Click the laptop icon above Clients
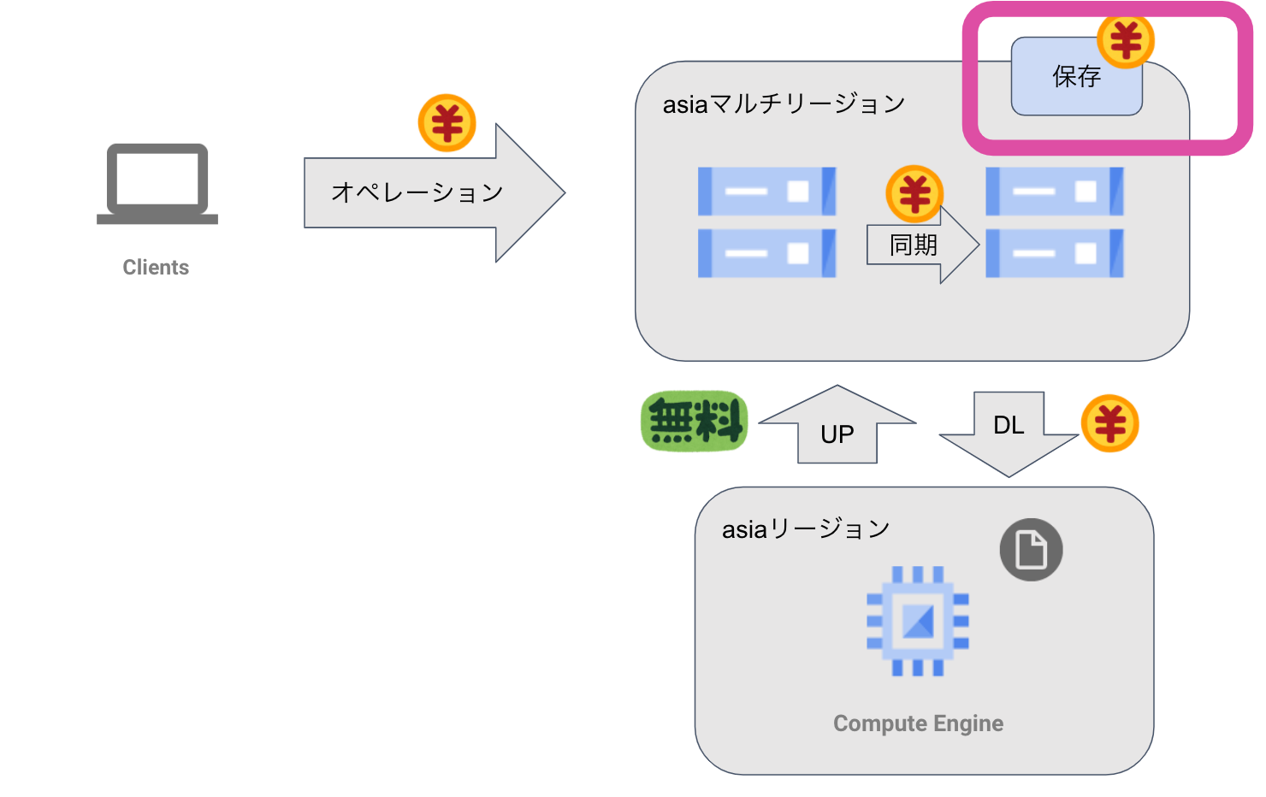click(157, 184)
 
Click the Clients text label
click(156, 268)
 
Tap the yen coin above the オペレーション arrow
click(447, 123)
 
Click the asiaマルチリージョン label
click(784, 104)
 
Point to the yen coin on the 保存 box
click(1126, 40)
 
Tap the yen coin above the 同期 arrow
click(914, 193)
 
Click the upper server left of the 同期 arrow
click(766, 191)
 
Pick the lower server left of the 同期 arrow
click(766, 253)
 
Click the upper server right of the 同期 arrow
click(1054, 191)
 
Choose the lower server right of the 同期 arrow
click(1054, 253)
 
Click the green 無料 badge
click(694, 422)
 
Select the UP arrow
click(837, 428)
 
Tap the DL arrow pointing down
click(1009, 432)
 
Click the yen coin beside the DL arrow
click(1109, 423)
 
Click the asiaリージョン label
click(806, 529)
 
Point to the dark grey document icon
click(1031, 550)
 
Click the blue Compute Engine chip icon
click(918, 621)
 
